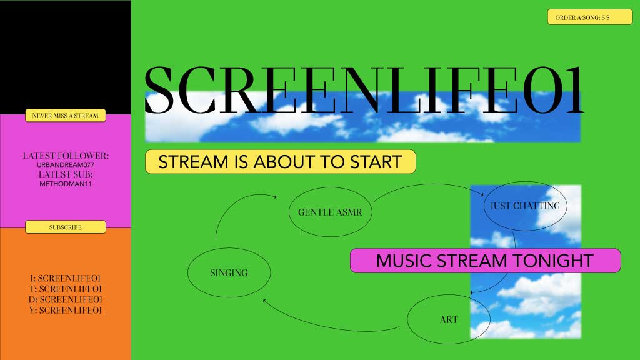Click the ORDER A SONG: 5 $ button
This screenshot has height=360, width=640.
pos(590,17)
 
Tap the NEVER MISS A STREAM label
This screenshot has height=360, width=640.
pos(66,116)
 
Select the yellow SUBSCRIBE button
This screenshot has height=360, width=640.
pos(66,227)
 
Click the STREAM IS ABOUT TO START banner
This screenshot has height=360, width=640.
pos(280,162)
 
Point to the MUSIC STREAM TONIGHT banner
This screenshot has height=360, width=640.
pos(485,261)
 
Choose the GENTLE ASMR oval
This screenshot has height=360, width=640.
pos(326,212)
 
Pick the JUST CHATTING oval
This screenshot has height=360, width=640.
pos(525,206)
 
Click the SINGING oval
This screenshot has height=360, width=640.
pos(229,273)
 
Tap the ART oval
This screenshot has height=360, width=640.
pos(448,320)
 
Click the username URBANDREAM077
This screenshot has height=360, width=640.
pos(66,164)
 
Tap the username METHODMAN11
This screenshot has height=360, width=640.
pos(66,184)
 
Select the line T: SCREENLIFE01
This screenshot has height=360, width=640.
pos(66,289)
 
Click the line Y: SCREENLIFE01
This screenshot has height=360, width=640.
pos(66,310)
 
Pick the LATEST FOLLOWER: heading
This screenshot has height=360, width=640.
pos(66,155)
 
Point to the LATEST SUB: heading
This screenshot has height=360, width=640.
pos(66,174)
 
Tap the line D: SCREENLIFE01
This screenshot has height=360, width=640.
pos(66,299)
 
